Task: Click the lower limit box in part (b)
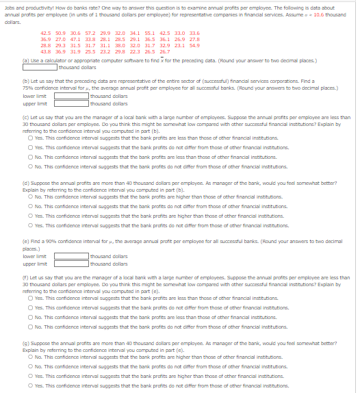71,97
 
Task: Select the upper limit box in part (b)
71,103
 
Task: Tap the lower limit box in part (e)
71,256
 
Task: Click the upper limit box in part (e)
71,263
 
